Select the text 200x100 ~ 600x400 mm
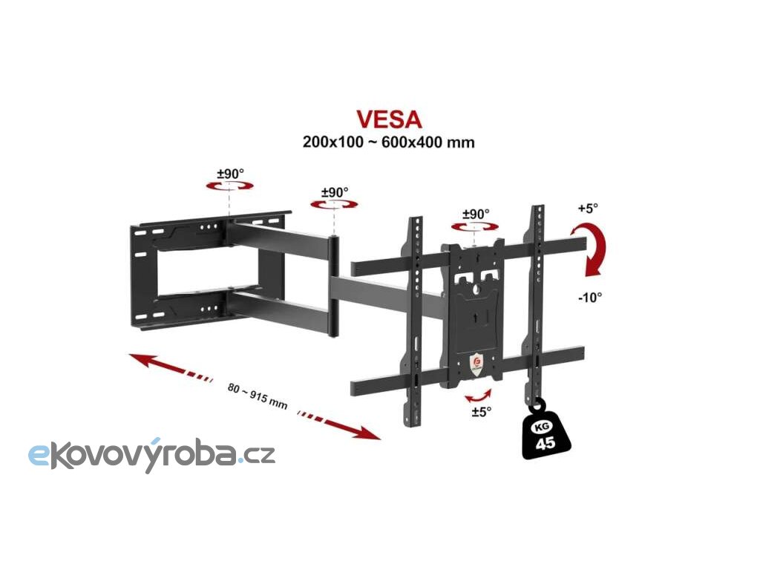[x=388, y=141]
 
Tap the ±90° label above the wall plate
[x=230, y=174]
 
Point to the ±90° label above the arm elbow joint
[x=335, y=192]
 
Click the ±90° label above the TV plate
[x=476, y=214]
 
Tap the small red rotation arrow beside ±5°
[x=480, y=393]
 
